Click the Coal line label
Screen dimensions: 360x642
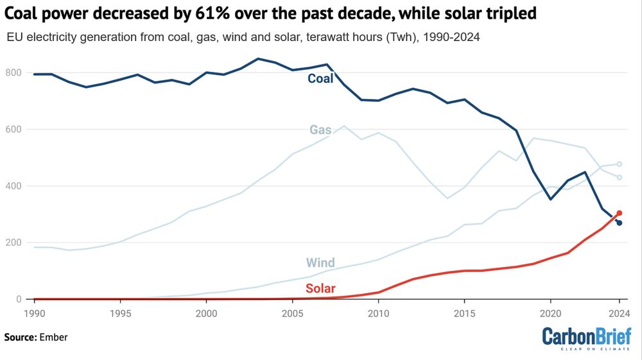[x=320, y=79]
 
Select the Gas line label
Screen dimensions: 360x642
[x=320, y=130]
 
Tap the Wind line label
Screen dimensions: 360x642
[x=320, y=262]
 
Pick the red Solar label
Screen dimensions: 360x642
[x=320, y=289]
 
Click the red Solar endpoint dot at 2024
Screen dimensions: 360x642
[x=619, y=213]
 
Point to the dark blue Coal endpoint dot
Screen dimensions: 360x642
[x=619, y=223]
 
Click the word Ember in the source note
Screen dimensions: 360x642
[x=54, y=337]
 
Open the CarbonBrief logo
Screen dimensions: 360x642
[x=586, y=338]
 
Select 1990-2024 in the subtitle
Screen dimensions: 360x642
[x=448, y=38]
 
